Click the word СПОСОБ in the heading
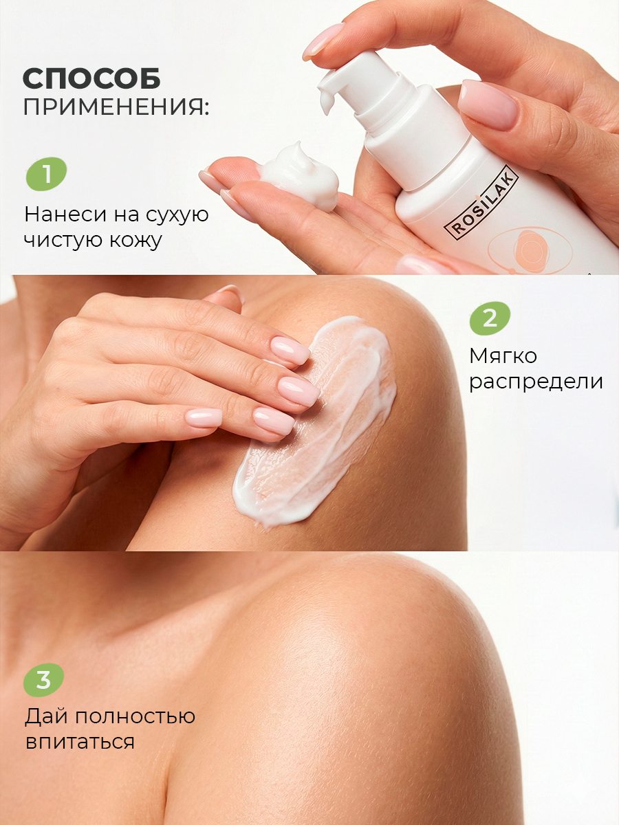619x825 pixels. click(91, 78)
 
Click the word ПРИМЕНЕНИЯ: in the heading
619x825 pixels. click(116, 107)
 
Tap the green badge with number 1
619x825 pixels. click(47, 174)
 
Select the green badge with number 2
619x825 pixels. click(490, 319)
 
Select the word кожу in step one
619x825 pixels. click(135, 241)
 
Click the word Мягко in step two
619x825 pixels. click(503, 356)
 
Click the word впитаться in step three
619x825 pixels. click(80, 742)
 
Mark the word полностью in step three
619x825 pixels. click(135, 716)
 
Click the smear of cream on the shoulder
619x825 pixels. click(315, 421)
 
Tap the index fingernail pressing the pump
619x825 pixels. click(323, 42)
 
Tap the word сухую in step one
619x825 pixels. click(177, 215)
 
